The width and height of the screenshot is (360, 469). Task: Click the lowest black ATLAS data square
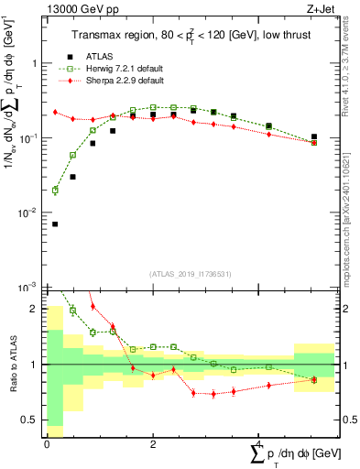[x=55, y=224]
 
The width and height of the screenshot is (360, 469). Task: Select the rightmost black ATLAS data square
[x=313, y=136]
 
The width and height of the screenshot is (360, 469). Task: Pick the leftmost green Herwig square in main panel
[x=55, y=191]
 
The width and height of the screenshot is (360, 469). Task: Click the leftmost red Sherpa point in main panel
[x=55, y=112]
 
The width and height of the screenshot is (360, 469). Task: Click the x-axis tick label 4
[x=259, y=443]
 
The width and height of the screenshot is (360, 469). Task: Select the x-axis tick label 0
[x=47, y=443]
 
